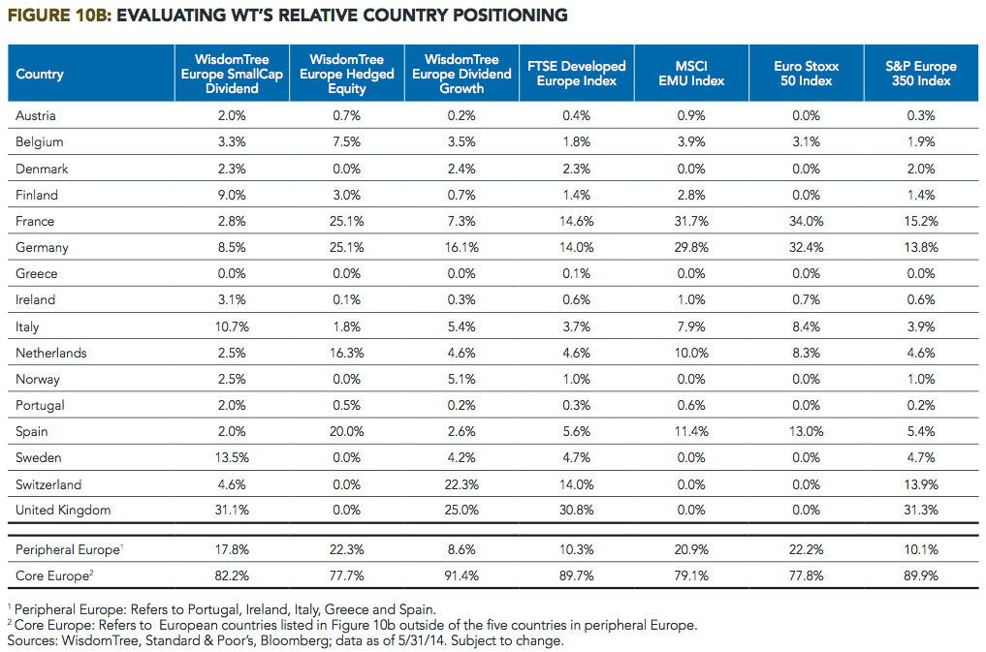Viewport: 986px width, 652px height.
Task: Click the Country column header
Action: tap(40, 75)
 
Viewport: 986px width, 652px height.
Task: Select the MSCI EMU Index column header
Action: tap(691, 74)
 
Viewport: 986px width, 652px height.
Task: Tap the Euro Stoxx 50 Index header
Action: tap(807, 74)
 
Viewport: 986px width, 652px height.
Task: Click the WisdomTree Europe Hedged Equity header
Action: tap(346, 74)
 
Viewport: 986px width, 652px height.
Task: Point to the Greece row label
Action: tap(37, 273)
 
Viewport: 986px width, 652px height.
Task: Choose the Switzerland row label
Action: tap(48, 484)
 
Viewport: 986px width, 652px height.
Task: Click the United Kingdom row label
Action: tap(63, 510)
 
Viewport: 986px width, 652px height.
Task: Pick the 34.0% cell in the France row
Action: tap(807, 221)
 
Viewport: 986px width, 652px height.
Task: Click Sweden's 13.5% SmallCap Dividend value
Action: tap(232, 457)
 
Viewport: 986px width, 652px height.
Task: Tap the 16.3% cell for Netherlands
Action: tap(346, 353)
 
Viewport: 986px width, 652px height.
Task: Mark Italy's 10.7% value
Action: tap(232, 326)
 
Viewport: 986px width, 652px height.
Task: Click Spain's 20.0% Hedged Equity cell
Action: tap(346, 431)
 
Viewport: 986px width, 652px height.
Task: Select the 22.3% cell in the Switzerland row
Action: tap(461, 484)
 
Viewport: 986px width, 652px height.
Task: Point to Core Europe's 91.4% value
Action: tap(461, 575)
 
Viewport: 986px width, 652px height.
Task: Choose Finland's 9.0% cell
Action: tap(232, 195)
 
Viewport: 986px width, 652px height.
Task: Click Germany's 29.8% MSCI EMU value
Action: tap(691, 247)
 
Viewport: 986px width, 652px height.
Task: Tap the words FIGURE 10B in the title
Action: tap(59, 16)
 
